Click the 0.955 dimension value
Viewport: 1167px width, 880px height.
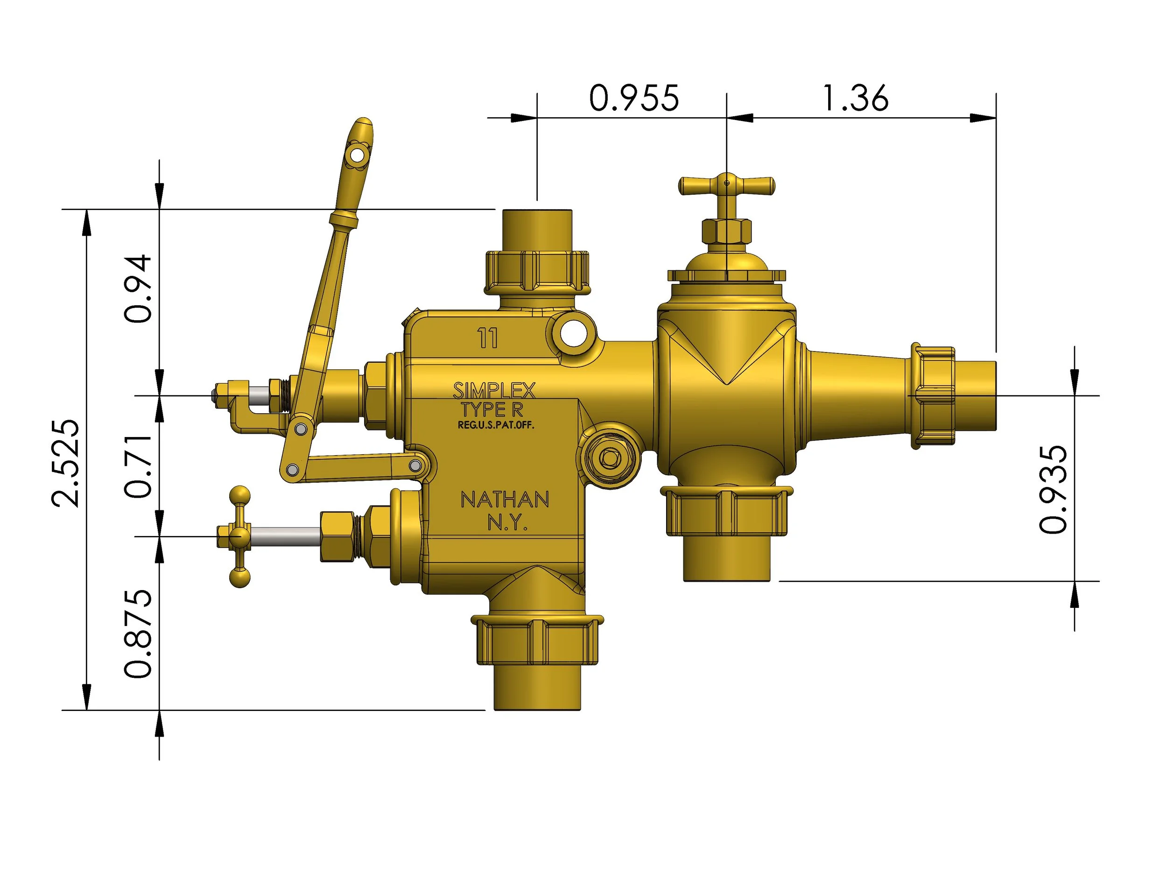pos(633,99)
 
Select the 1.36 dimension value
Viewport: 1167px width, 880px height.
pos(855,99)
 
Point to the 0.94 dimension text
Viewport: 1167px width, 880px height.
pos(138,289)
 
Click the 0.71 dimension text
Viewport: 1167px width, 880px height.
pos(138,466)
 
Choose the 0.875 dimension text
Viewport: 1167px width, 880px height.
pos(138,634)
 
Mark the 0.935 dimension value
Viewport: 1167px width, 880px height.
pos(1053,490)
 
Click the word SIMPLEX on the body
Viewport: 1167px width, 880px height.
pos(494,391)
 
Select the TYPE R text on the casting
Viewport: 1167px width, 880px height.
pos(492,409)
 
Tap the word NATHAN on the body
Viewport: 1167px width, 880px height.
pos(505,500)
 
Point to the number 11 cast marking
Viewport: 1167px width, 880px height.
pos(487,338)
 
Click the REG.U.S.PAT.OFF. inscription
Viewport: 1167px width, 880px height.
pos(495,425)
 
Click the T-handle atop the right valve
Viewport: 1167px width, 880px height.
pos(726,185)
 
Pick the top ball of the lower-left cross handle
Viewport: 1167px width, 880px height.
pos(240,495)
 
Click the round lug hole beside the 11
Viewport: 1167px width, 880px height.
pos(574,333)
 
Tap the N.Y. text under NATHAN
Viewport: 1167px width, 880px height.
pos(507,522)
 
